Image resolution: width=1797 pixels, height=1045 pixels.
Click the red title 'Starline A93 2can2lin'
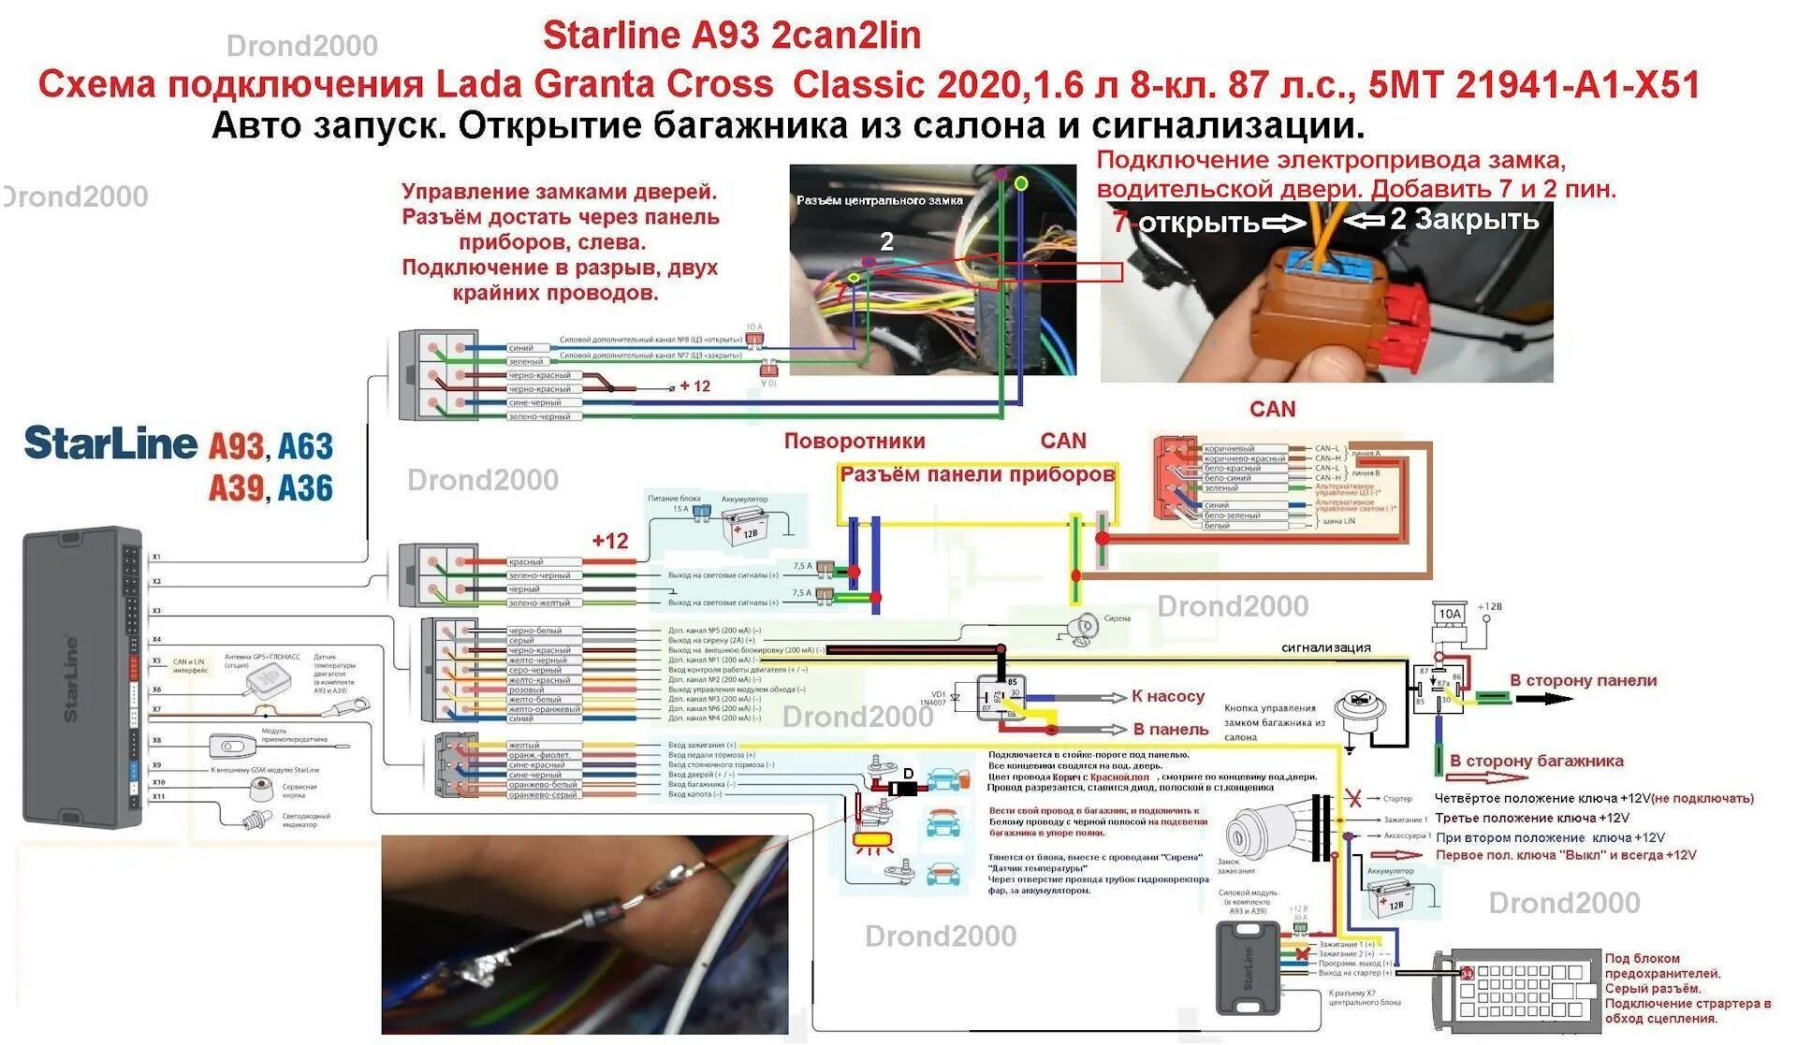pos(731,36)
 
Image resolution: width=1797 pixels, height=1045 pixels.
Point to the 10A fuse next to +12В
pos(1449,614)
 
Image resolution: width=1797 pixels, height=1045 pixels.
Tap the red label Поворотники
pos(854,442)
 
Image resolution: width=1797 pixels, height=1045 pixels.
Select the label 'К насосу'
pos(1167,696)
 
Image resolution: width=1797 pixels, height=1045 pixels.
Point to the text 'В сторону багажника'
pos(1536,761)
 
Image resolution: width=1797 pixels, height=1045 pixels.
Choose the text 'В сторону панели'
pos(1583,681)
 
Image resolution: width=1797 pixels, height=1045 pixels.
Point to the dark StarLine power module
pos(1247,966)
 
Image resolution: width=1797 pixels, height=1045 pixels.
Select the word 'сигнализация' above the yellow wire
pos(1325,647)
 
